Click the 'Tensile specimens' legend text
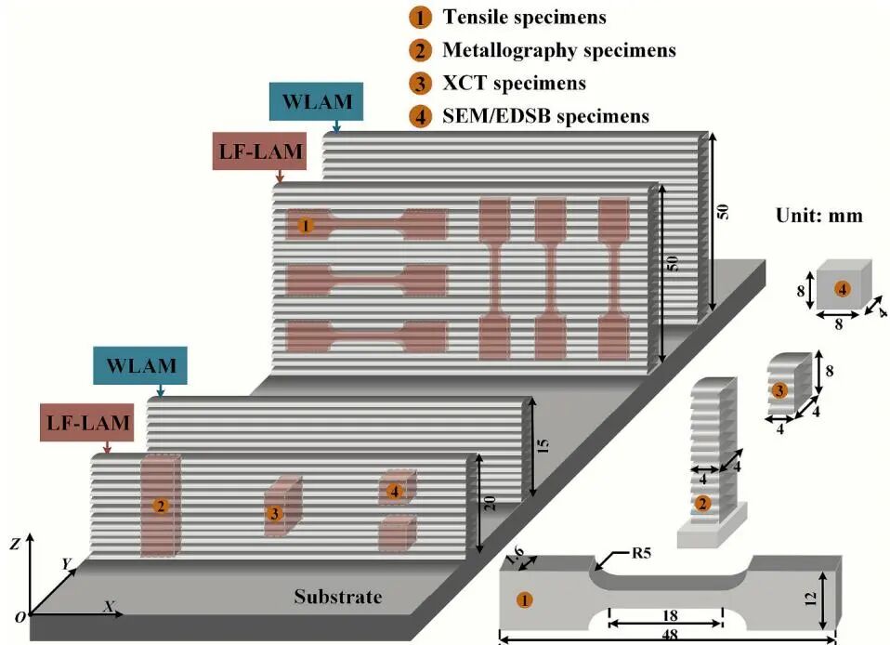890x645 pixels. (524, 18)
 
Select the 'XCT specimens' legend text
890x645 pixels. (514, 84)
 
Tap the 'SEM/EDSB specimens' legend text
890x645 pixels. (545, 116)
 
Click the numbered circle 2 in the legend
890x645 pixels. (421, 51)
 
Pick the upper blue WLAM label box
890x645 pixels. (313, 100)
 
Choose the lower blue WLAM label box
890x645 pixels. (140, 365)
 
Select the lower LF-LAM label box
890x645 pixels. (85, 425)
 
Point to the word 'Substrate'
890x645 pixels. (337, 597)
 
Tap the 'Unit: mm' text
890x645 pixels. (818, 216)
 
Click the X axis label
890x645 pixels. (108, 606)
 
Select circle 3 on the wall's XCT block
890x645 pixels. (273, 513)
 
